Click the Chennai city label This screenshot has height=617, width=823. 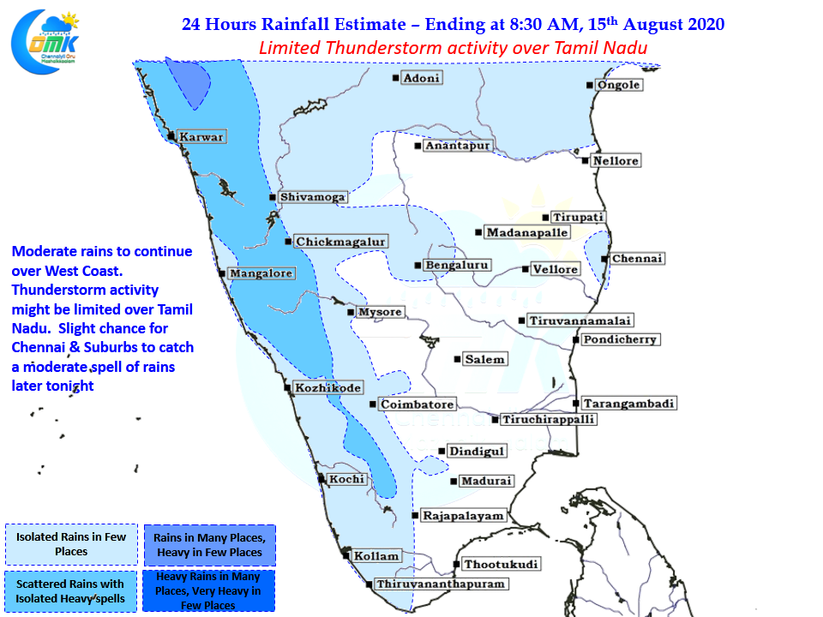tap(637, 259)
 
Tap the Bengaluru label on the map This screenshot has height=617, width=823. tap(457, 265)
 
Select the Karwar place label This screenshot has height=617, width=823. tap(201, 137)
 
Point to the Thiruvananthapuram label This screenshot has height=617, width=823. tap(441, 584)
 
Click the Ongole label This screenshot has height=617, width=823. tap(618, 85)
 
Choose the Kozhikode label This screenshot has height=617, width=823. tap(328, 387)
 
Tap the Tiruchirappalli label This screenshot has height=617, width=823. tap(548, 419)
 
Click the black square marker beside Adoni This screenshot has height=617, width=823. tap(396, 78)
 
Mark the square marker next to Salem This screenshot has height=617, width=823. tap(457, 359)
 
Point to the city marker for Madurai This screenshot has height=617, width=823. tap(454, 481)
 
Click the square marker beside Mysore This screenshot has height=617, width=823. tap(351, 312)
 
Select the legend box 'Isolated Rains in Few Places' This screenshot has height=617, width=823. tap(71, 544)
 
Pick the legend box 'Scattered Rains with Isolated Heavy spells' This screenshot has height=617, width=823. tap(70, 591)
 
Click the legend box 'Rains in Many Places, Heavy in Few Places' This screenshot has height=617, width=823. tap(210, 545)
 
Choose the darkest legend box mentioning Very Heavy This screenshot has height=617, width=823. tap(208, 590)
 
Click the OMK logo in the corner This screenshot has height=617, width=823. tap(45, 41)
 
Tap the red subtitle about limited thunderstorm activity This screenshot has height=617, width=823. tap(453, 48)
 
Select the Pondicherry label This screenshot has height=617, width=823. tap(620, 339)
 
